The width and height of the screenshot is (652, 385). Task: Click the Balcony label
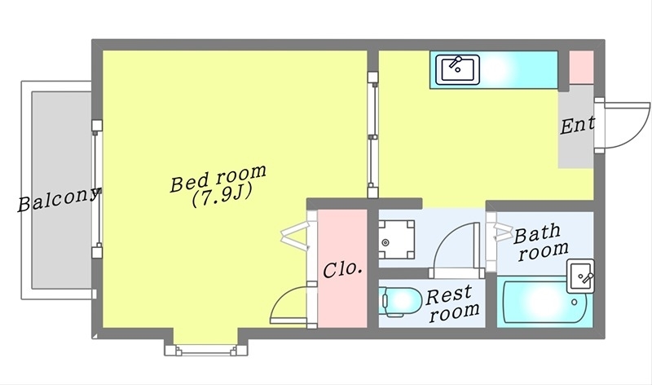pyautogui.click(x=59, y=200)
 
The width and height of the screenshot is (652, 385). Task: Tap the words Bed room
pyautogui.click(x=218, y=179)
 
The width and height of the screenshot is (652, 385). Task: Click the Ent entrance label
pyautogui.click(x=577, y=126)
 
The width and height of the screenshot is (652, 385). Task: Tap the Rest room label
pyautogui.click(x=453, y=303)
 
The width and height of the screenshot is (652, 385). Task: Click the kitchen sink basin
pyautogui.click(x=459, y=69)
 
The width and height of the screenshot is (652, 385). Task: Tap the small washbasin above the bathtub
pyautogui.click(x=581, y=276)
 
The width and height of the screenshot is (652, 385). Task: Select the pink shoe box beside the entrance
pyautogui.click(x=579, y=66)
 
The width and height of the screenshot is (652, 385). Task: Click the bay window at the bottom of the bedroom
pyautogui.click(x=204, y=348)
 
